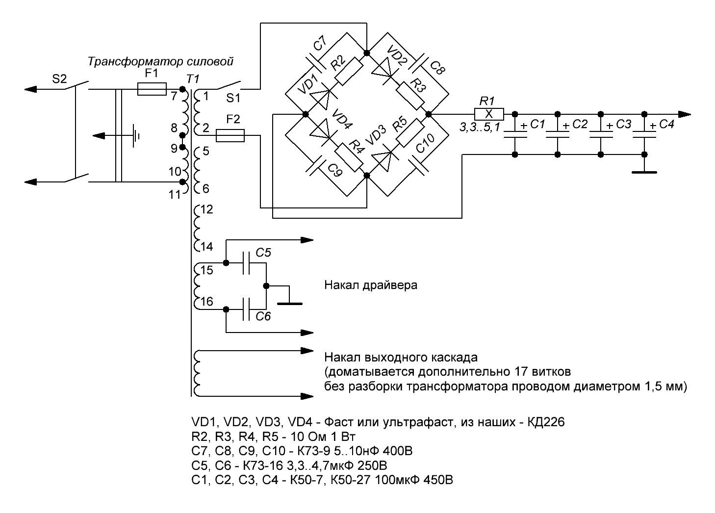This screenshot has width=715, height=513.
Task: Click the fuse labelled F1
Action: (x=152, y=89)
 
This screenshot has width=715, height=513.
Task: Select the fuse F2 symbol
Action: (x=230, y=136)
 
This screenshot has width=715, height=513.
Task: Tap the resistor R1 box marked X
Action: (x=488, y=114)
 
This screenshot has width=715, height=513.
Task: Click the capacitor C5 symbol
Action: (x=247, y=267)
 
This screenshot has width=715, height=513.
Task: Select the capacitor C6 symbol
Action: (x=247, y=309)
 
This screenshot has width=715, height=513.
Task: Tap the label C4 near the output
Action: (x=666, y=125)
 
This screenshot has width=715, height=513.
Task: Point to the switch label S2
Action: (x=59, y=79)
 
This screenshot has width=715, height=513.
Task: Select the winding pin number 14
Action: (x=206, y=246)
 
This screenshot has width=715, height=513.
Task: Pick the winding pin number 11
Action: (x=175, y=195)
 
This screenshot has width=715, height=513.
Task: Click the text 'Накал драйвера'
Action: (x=371, y=285)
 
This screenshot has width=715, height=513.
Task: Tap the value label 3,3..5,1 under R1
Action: (x=479, y=128)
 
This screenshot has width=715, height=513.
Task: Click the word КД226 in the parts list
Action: (x=544, y=422)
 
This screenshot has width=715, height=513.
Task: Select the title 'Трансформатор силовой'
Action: (x=160, y=62)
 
